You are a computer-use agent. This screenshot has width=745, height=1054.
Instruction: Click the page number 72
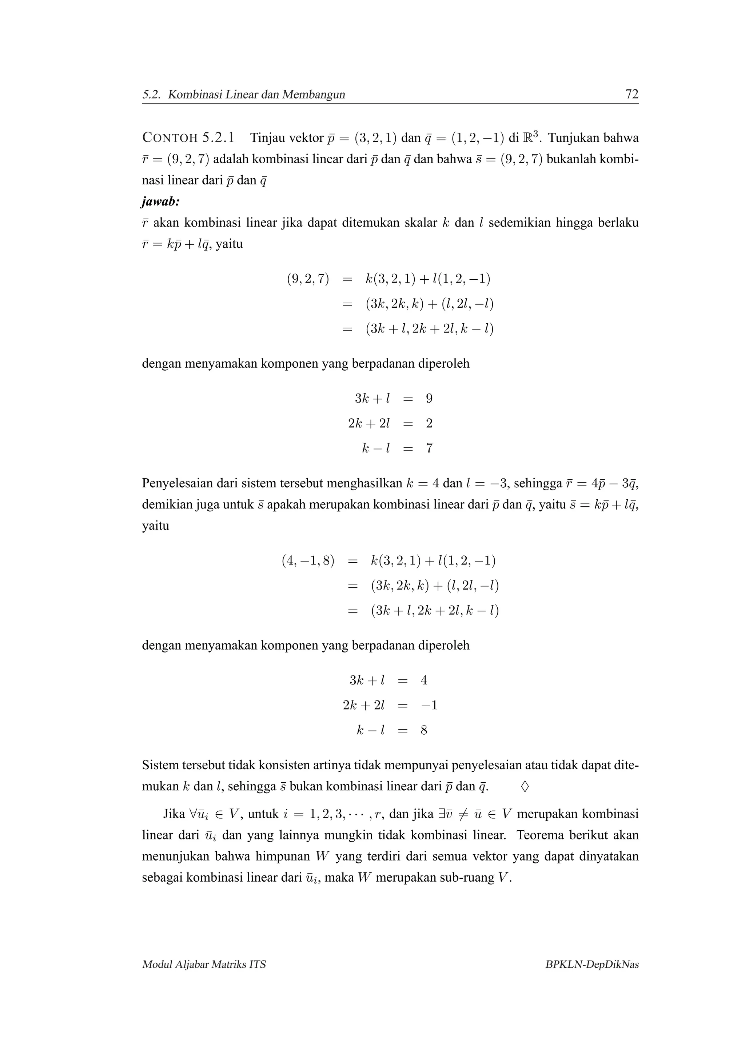point(632,95)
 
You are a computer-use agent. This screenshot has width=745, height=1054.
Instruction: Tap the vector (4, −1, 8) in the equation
point(307,560)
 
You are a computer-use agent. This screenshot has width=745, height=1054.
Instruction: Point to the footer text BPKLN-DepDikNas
point(592,965)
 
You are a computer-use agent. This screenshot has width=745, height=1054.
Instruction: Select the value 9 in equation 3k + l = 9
point(429,399)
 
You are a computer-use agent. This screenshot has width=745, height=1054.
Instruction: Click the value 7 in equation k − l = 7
point(429,448)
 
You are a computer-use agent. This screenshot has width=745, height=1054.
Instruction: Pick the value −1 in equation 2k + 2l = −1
point(429,705)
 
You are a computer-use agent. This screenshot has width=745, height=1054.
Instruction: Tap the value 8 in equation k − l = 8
point(424,730)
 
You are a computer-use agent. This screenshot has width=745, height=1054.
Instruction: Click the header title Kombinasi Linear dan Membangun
point(256,95)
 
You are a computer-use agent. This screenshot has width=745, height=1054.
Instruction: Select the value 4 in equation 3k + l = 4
point(424,680)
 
